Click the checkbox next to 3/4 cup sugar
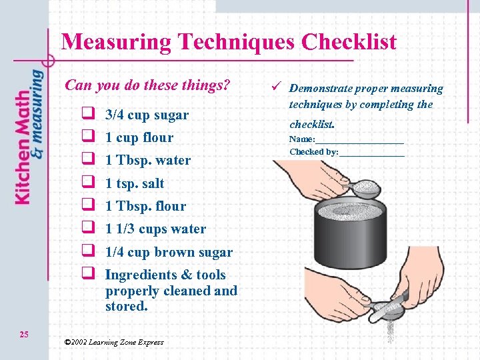[87, 115]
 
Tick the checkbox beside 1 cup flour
[87, 137]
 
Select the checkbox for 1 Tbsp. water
[87, 160]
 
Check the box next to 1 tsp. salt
[87, 183]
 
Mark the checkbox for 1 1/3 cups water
[87, 229]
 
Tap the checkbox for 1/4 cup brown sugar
[87, 252]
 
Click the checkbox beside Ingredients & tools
[87, 275]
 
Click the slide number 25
[24, 334]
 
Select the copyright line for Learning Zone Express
[113, 342]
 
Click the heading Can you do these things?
[147, 85]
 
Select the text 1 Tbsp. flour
[145, 206]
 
